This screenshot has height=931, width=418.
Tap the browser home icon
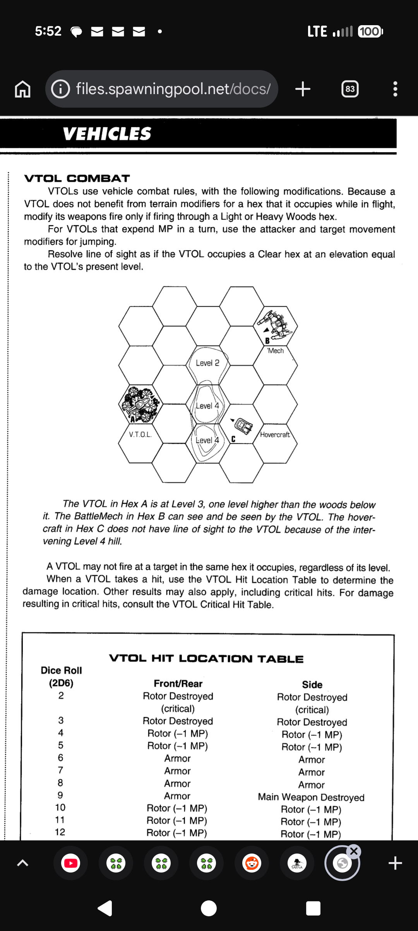tap(22, 89)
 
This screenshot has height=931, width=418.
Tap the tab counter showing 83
tap(350, 89)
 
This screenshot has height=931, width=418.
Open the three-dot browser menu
tap(395, 89)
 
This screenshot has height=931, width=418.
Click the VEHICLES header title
tap(107, 134)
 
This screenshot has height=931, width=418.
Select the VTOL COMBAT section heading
tap(77, 179)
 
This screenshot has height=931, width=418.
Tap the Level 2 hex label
tap(207, 363)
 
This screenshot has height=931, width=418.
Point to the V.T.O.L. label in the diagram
tap(140, 435)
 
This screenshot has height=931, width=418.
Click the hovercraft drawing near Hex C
tap(244, 426)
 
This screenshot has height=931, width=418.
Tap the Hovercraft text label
tap(275, 435)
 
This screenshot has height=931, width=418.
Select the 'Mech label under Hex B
tap(275, 351)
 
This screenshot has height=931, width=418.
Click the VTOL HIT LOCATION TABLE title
tap(206, 659)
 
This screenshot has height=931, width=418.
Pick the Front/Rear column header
tap(178, 684)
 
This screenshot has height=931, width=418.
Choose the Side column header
tap(312, 685)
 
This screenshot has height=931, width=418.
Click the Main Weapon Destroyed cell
tap(311, 797)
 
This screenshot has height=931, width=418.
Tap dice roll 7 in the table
tap(60, 770)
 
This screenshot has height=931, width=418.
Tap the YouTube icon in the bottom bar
tap(71, 863)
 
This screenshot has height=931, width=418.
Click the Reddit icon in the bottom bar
tap(252, 863)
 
